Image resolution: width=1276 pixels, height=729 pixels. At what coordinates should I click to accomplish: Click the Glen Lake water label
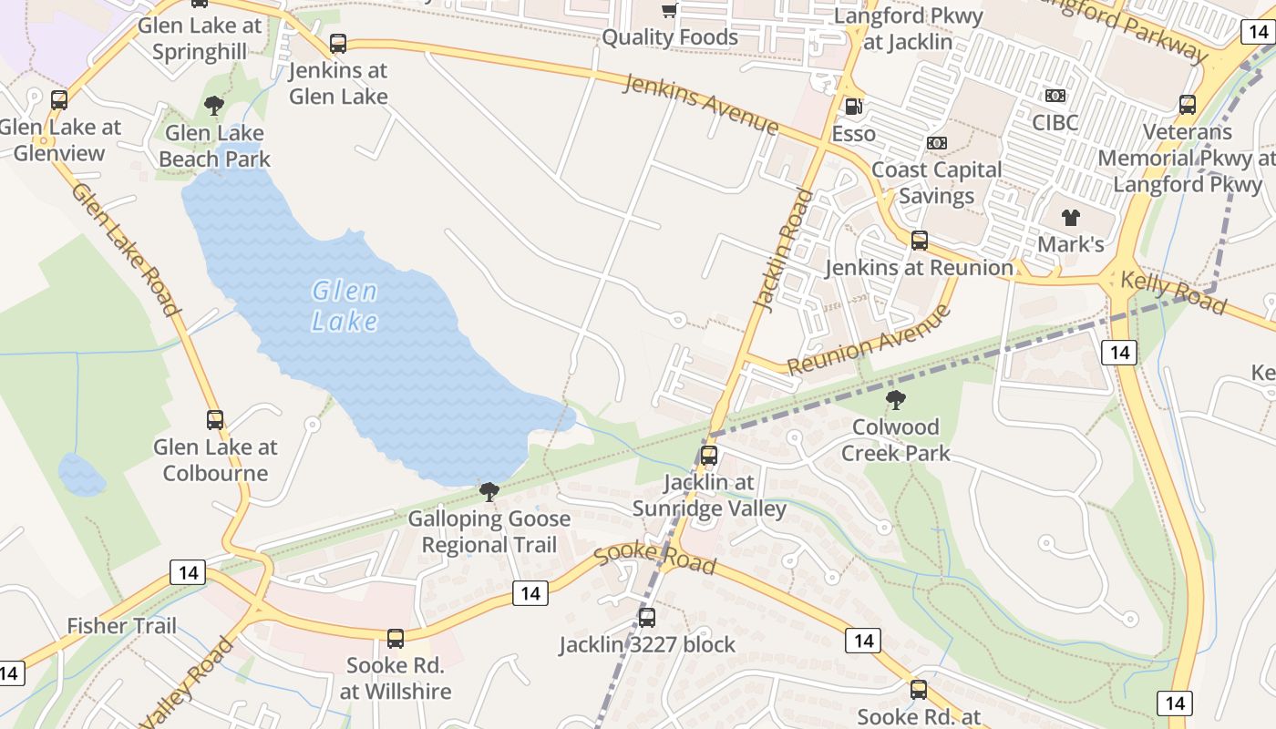(x=345, y=305)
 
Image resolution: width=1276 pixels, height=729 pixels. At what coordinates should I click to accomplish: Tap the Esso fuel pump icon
(x=853, y=107)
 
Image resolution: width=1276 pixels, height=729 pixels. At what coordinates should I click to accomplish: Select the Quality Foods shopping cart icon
(x=670, y=11)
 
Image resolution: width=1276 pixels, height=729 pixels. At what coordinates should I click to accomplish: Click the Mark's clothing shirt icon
(x=1071, y=217)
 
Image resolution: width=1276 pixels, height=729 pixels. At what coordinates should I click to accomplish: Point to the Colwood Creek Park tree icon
(x=896, y=399)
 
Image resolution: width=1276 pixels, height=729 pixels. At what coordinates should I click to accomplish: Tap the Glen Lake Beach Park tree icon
(x=214, y=106)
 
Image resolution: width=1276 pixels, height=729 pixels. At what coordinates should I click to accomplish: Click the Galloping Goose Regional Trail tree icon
(x=489, y=492)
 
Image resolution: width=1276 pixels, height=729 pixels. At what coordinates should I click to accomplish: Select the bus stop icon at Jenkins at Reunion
(x=920, y=241)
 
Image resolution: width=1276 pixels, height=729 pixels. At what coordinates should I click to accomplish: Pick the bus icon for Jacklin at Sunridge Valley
(x=709, y=456)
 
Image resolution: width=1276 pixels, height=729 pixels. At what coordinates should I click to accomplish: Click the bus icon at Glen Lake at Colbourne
(x=215, y=420)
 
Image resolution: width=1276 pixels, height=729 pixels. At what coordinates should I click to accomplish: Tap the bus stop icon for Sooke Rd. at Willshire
(x=396, y=638)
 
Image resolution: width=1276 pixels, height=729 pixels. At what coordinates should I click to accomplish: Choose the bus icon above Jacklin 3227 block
(x=647, y=618)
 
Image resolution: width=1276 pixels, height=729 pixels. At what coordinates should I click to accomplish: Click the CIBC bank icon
(x=1055, y=96)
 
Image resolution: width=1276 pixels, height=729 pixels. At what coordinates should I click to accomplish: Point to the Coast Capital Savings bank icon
(x=937, y=143)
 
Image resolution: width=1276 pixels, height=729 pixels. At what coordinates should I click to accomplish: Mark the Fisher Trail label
(x=122, y=626)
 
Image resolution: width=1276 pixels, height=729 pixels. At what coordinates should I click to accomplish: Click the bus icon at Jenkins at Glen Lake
(x=338, y=43)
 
